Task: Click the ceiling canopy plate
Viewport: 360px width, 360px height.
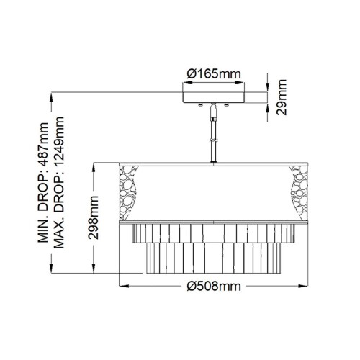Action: coord(212,97)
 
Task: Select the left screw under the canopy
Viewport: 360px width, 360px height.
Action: coord(199,107)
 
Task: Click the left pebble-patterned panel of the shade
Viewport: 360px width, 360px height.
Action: coord(128,191)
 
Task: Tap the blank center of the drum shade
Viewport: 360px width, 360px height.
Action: coord(212,191)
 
